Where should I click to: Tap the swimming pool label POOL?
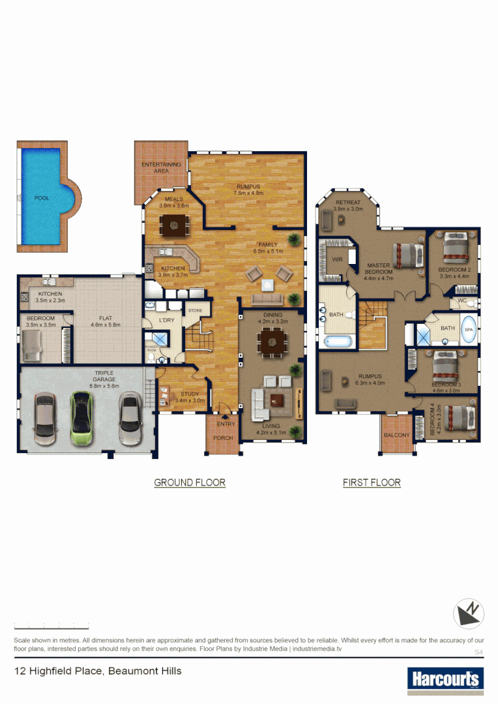[x=42, y=198]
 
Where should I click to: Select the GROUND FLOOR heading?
[x=190, y=483]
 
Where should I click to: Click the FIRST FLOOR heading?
[x=372, y=483]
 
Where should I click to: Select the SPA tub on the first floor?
[x=469, y=330]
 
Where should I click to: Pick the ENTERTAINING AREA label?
[x=161, y=168]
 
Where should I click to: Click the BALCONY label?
[x=396, y=435]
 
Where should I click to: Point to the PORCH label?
[x=223, y=438]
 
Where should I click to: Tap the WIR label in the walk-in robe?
[x=337, y=259]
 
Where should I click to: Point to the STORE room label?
[x=195, y=311]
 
